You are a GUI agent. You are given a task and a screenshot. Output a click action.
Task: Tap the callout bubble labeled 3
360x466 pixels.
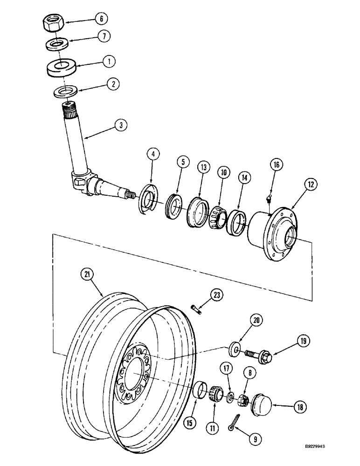point(120,124)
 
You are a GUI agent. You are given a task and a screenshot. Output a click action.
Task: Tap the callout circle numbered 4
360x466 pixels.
point(152,153)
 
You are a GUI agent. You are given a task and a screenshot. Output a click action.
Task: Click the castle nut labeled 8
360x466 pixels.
point(242,399)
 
